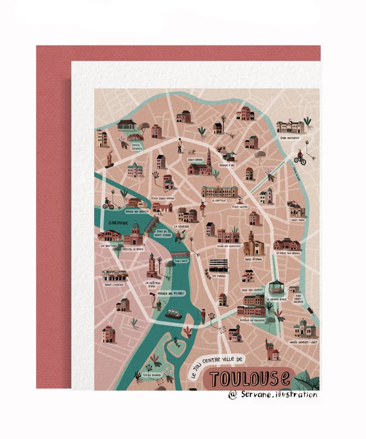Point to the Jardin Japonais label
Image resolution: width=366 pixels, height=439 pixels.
(136, 146)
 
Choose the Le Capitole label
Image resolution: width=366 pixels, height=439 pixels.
(218, 200)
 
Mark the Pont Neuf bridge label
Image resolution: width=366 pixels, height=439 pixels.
(181, 261)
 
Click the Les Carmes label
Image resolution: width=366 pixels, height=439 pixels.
(217, 275)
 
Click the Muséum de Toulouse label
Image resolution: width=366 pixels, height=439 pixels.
(251, 319)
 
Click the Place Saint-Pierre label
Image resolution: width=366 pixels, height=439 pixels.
(162, 198)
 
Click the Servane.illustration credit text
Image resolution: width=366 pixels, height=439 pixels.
(273, 395)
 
